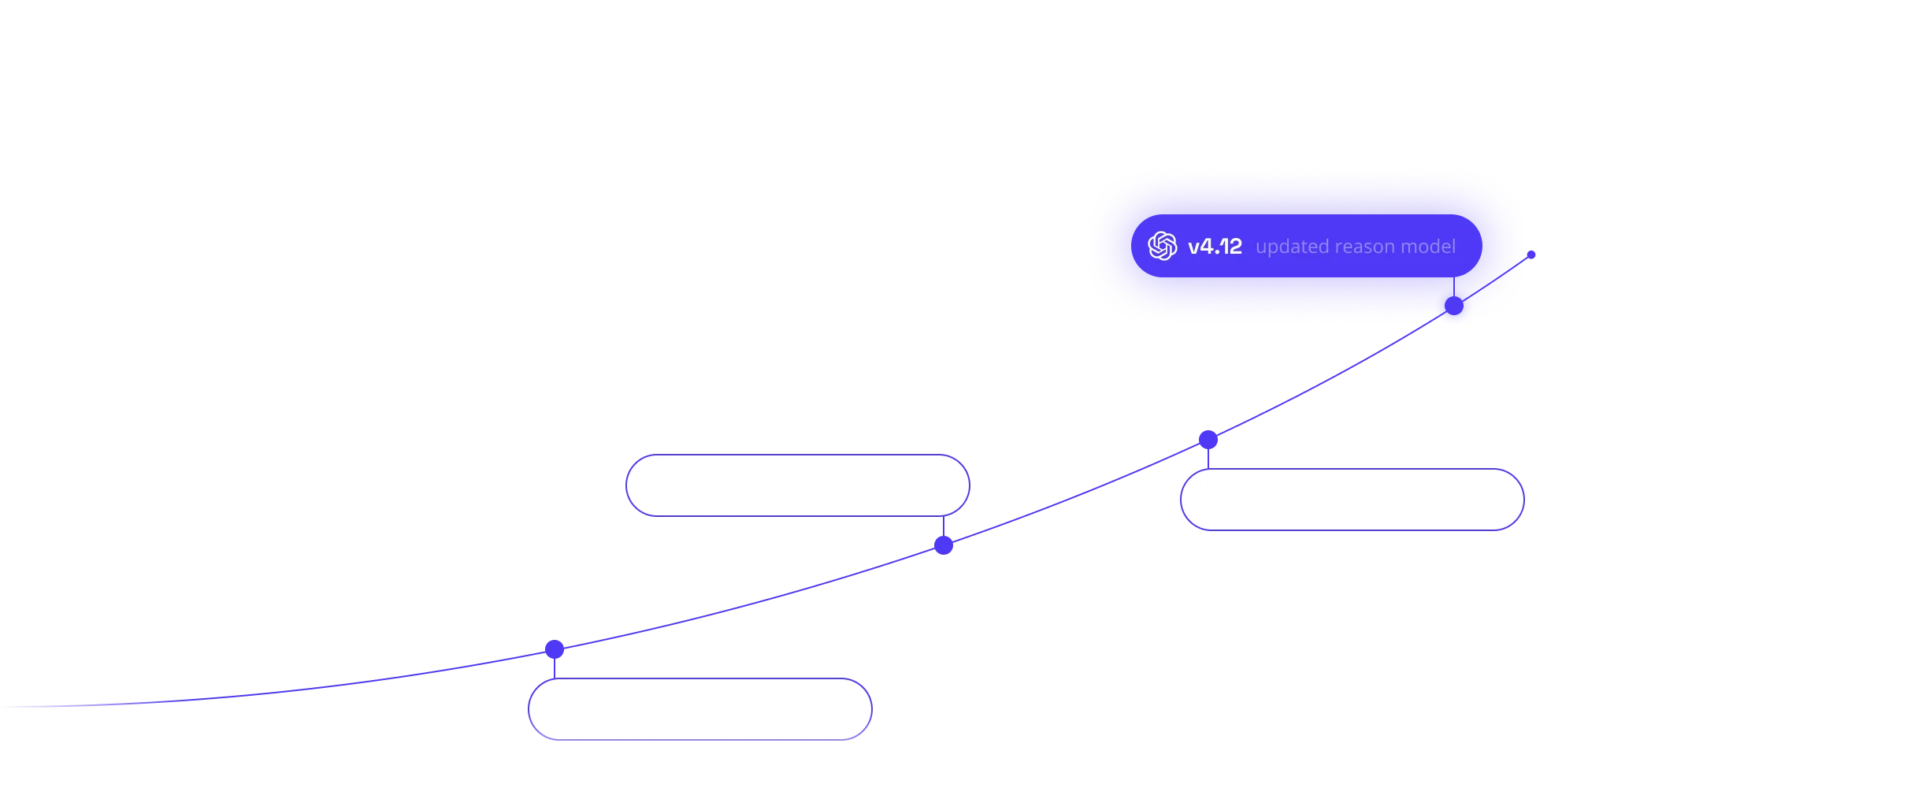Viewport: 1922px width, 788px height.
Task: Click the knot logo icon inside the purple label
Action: click(1162, 246)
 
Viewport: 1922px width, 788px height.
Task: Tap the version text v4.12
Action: click(1215, 247)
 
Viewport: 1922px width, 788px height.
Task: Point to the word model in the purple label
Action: click(1426, 247)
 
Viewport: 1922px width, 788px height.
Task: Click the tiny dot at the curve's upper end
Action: click(1531, 255)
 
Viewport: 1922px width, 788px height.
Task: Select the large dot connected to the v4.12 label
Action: click(1454, 306)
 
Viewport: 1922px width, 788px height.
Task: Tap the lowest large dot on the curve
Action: click(555, 649)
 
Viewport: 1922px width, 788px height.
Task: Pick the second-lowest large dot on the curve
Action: click(944, 545)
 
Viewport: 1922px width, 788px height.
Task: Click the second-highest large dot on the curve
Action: click(1208, 439)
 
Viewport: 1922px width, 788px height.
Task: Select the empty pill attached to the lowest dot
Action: click(700, 678)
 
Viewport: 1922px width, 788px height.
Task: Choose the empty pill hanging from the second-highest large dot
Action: click(1352, 469)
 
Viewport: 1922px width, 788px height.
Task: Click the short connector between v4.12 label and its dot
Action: click(1454, 287)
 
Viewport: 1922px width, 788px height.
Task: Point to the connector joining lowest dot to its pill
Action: click(555, 668)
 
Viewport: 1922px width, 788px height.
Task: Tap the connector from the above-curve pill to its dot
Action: click(944, 526)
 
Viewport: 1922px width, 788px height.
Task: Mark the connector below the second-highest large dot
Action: click(1208, 459)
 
